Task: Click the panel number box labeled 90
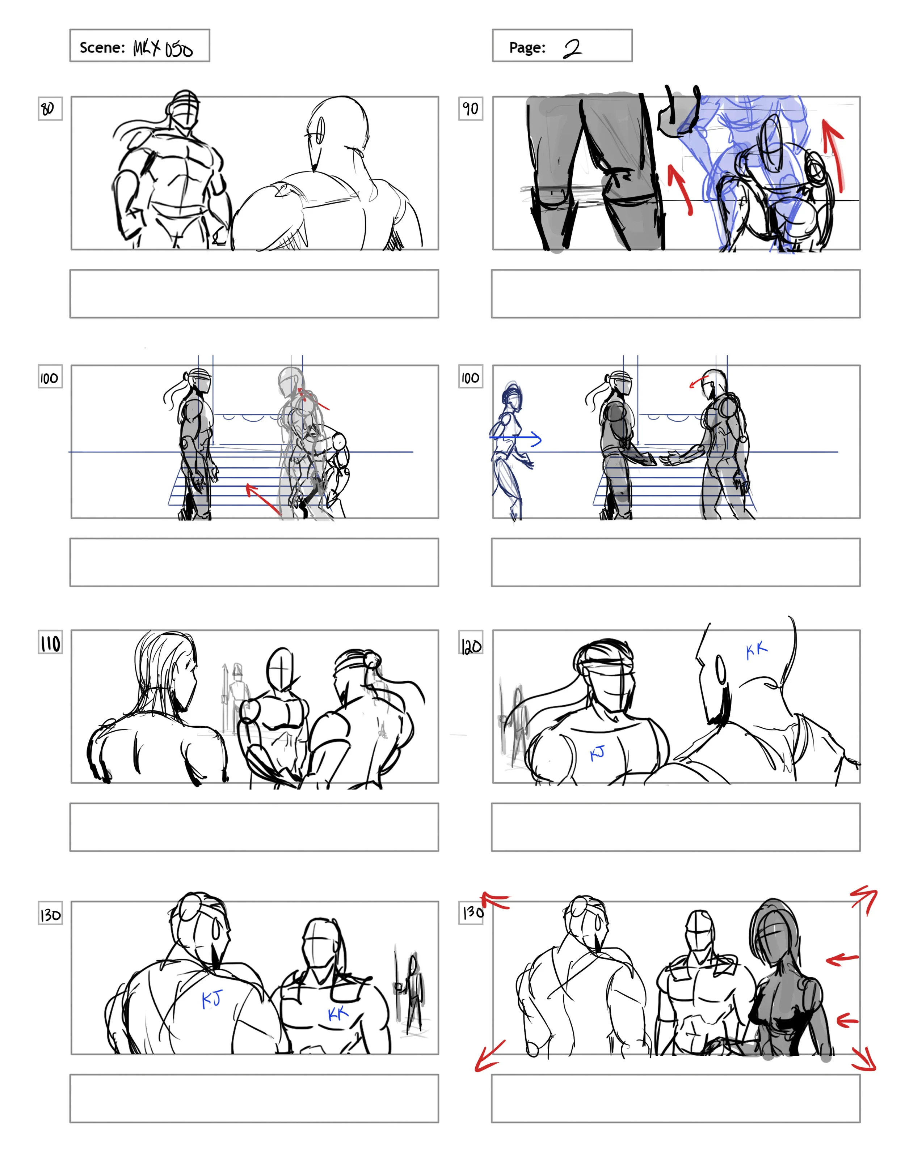click(470, 109)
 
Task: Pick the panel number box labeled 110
click(50, 642)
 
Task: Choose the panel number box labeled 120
click(471, 646)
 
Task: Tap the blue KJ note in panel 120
click(597, 753)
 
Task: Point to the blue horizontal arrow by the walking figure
click(516, 439)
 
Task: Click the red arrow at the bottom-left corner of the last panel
click(489, 1055)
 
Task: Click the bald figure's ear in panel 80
click(320, 130)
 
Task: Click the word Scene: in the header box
click(102, 48)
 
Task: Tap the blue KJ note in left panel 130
click(211, 999)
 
